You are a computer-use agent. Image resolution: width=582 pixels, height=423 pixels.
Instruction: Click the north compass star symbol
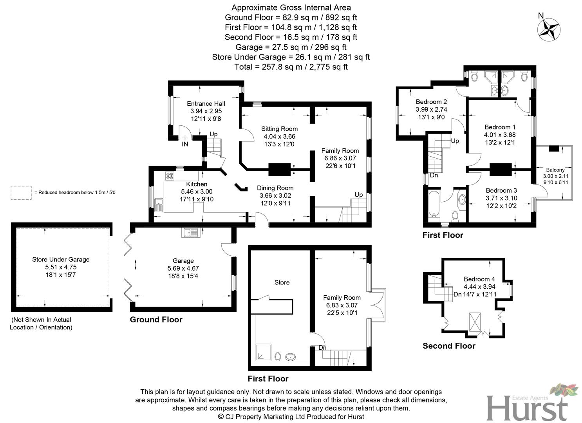click(549, 29)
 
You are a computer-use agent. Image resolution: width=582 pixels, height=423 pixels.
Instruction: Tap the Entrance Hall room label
click(206, 104)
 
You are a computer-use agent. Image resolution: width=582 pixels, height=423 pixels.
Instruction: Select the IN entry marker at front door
click(185, 144)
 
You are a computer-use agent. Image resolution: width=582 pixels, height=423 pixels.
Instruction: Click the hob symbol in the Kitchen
click(170, 176)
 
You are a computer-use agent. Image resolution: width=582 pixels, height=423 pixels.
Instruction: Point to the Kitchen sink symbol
click(159, 204)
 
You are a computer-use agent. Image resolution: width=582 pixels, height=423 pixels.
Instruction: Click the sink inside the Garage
click(191, 233)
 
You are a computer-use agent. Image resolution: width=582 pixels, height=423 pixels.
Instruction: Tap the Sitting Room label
click(279, 129)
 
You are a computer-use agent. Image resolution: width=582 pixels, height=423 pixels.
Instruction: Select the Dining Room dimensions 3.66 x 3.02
click(275, 195)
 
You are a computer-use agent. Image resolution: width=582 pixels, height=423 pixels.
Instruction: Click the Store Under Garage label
click(61, 259)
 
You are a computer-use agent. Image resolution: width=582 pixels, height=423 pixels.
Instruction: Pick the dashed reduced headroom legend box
click(21, 193)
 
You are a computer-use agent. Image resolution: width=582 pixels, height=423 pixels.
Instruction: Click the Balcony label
click(555, 170)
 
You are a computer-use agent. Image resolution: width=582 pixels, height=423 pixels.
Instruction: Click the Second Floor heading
click(449, 346)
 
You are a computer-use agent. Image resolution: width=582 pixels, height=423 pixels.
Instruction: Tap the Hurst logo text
click(527, 407)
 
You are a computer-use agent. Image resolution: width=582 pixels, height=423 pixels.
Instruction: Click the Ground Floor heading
click(156, 320)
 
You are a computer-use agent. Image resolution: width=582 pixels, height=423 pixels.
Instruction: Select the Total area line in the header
click(291, 67)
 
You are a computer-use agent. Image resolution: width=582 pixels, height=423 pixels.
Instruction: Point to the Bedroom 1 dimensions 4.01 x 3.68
click(500, 135)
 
